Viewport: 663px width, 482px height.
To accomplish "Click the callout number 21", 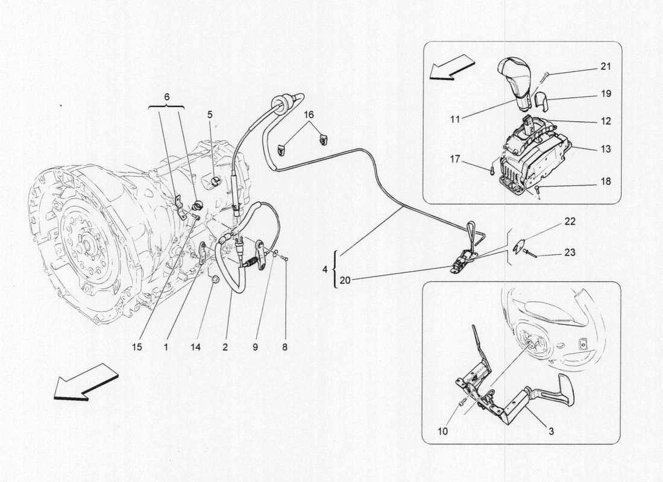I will [606, 66].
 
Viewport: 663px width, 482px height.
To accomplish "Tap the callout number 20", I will [344, 279].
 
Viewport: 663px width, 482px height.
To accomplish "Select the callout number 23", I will [570, 253].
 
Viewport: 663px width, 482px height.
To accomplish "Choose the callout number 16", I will [309, 114].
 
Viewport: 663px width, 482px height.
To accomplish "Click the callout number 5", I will [210, 113].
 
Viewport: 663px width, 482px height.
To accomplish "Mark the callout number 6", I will [167, 96].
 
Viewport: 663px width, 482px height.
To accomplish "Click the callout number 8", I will [284, 347].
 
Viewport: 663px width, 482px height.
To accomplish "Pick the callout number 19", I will [606, 94].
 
